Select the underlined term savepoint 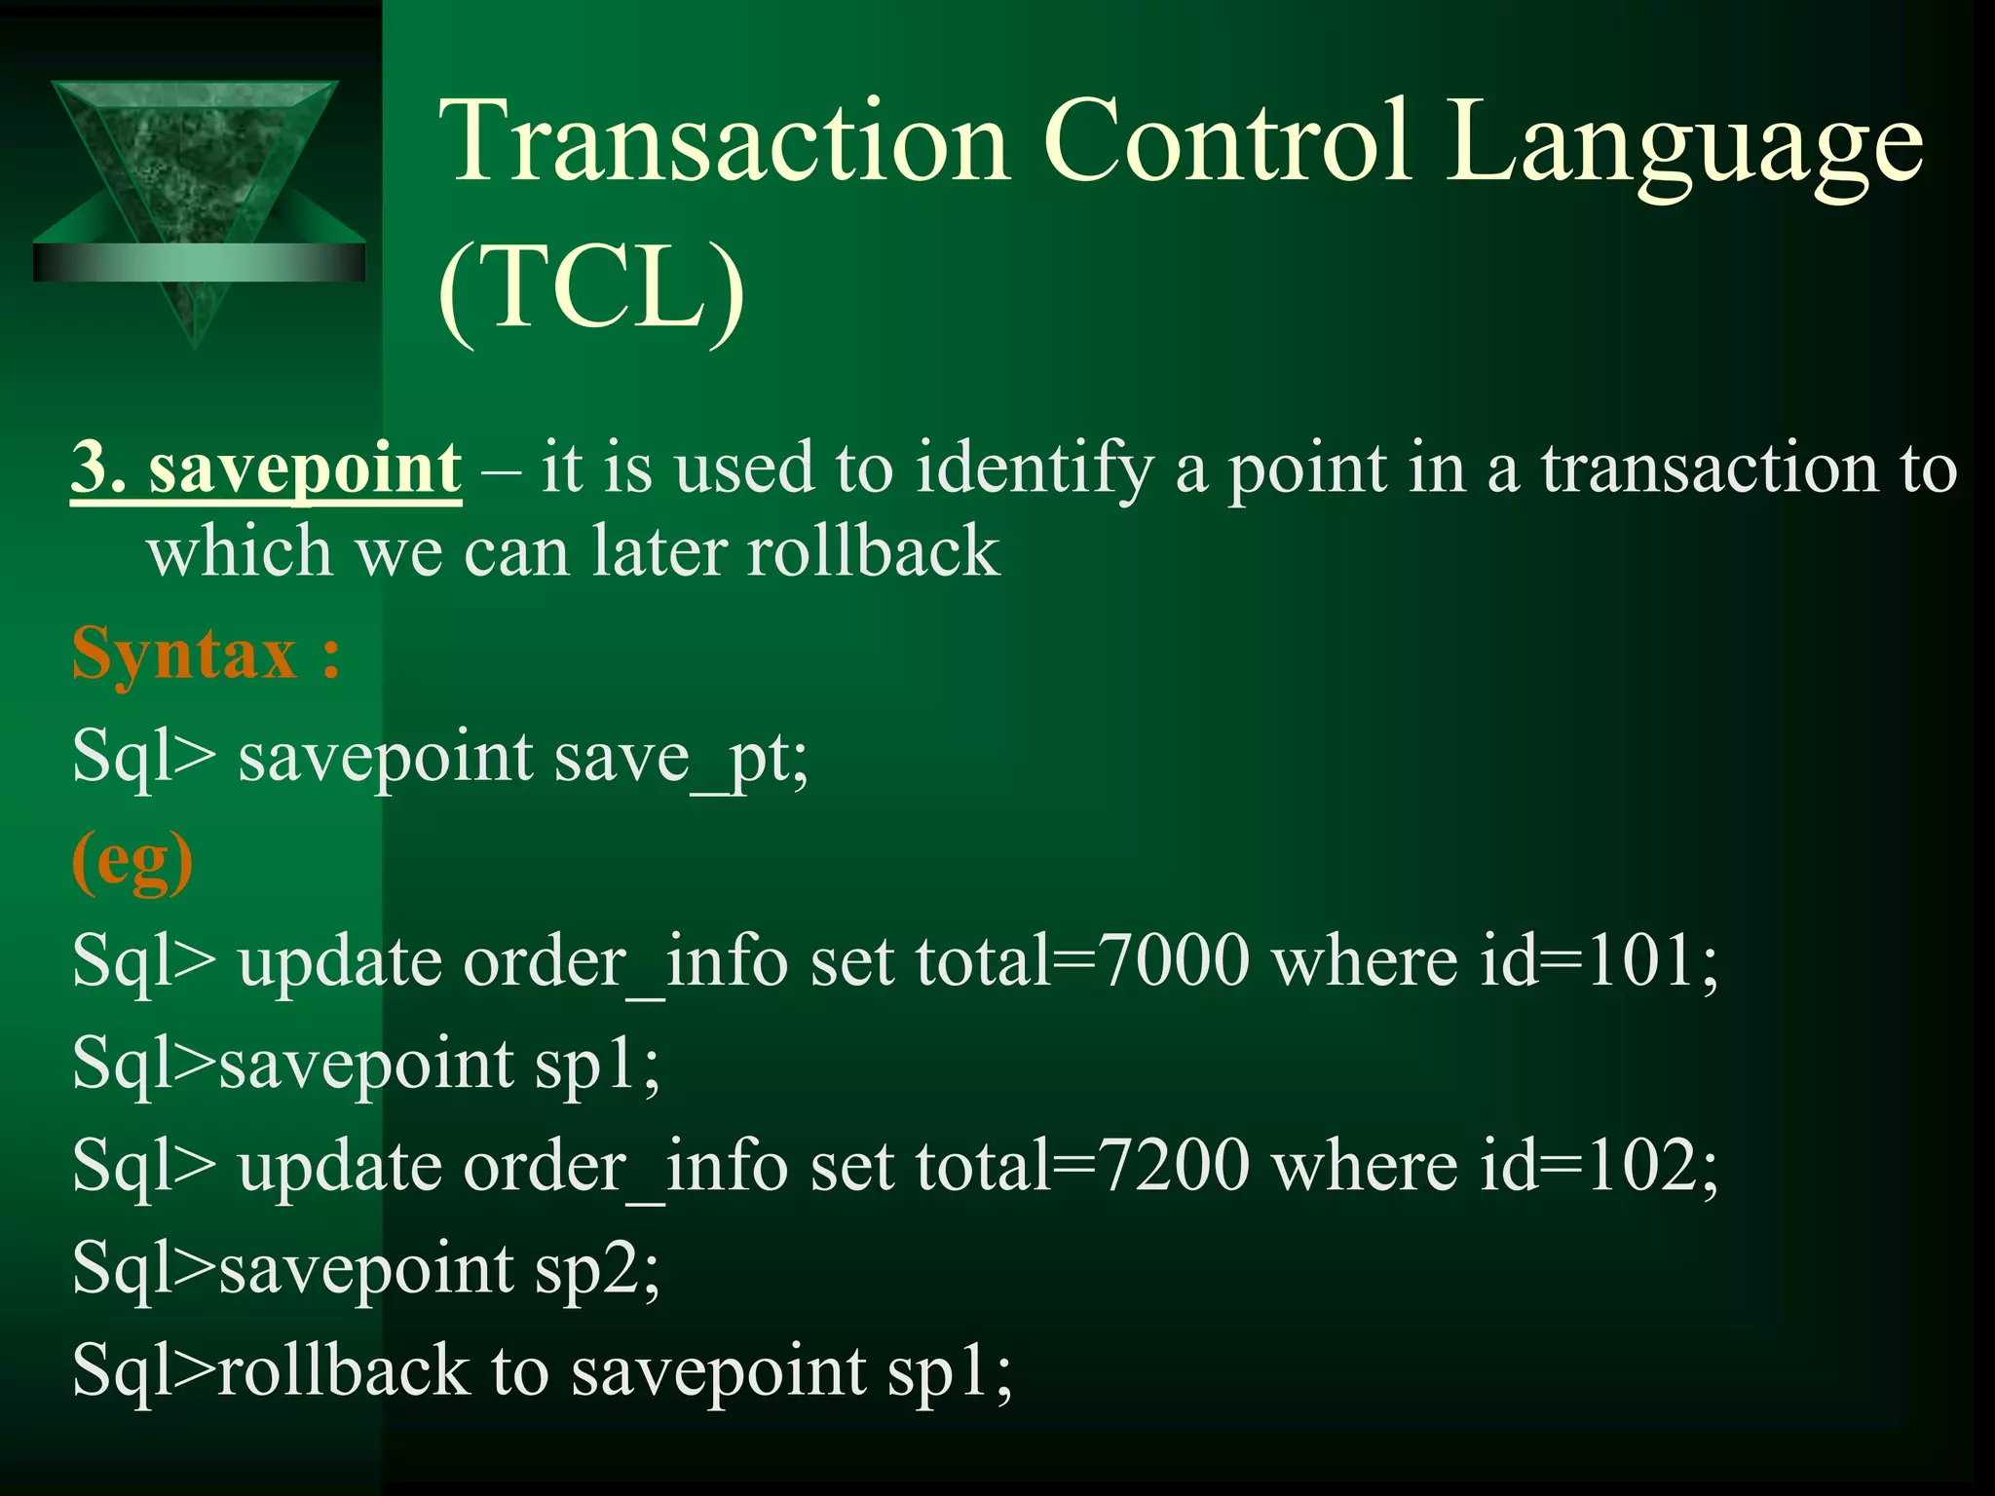tap(305, 468)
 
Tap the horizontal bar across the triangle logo tap(199, 262)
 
